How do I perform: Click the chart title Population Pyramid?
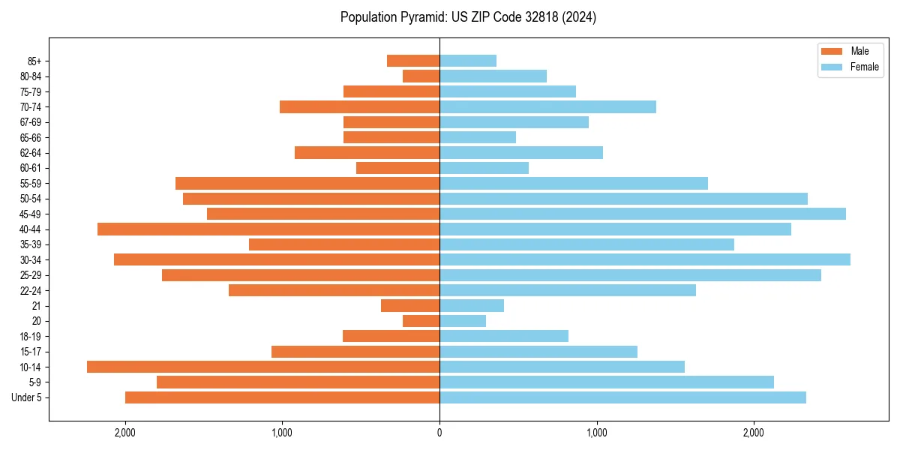click(468, 17)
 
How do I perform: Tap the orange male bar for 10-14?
click(263, 367)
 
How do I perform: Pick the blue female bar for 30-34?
click(645, 259)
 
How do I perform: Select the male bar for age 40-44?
click(268, 229)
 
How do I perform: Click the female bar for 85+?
click(468, 61)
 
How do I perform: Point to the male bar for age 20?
click(421, 321)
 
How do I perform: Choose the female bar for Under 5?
click(622, 397)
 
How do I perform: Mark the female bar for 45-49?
click(643, 214)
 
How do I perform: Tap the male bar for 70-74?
click(359, 106)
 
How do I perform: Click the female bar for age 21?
click(472, 305)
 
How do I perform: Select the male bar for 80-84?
click(421, 76)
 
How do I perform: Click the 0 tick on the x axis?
click(439, 432)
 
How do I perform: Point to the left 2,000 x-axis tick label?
click(124, 432)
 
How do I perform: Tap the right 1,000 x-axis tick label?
click(597, 432)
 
